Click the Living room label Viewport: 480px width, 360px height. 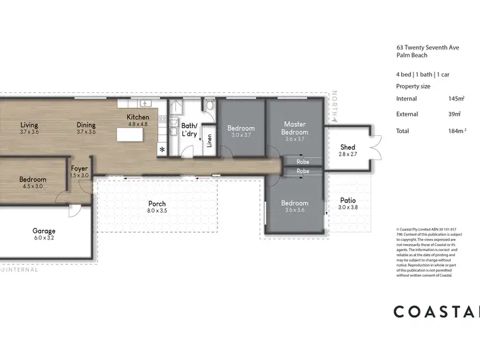point(29,125)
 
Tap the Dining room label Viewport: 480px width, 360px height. point(86,125)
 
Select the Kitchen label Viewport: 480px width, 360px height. point(138,117)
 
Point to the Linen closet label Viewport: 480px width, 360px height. point(209,140)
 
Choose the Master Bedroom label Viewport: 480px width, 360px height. point(295,128)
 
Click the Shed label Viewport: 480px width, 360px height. point(348,147)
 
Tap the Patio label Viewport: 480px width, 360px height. point(348,200)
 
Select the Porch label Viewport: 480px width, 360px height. point(157,204)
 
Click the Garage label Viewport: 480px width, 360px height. point(44,231)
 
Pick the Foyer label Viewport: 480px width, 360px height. point(79,168)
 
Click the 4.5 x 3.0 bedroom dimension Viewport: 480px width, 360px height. point(33,187)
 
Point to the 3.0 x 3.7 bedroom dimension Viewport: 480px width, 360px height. point(241,136)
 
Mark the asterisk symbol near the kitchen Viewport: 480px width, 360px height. point(161,149)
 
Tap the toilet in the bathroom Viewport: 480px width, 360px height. point(209,104)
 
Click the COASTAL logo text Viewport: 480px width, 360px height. point(435,312)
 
